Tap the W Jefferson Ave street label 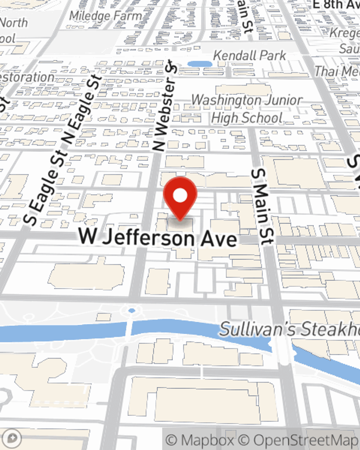click(158, 238)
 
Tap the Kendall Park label click(249, 56)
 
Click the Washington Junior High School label click(247, 109)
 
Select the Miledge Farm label click(105, 16)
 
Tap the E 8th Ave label click(336, 5)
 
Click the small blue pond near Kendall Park click(200, 64)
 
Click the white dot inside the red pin click(180, 195)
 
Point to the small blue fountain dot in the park click(132, 310)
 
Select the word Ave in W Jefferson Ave click(219, 239)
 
